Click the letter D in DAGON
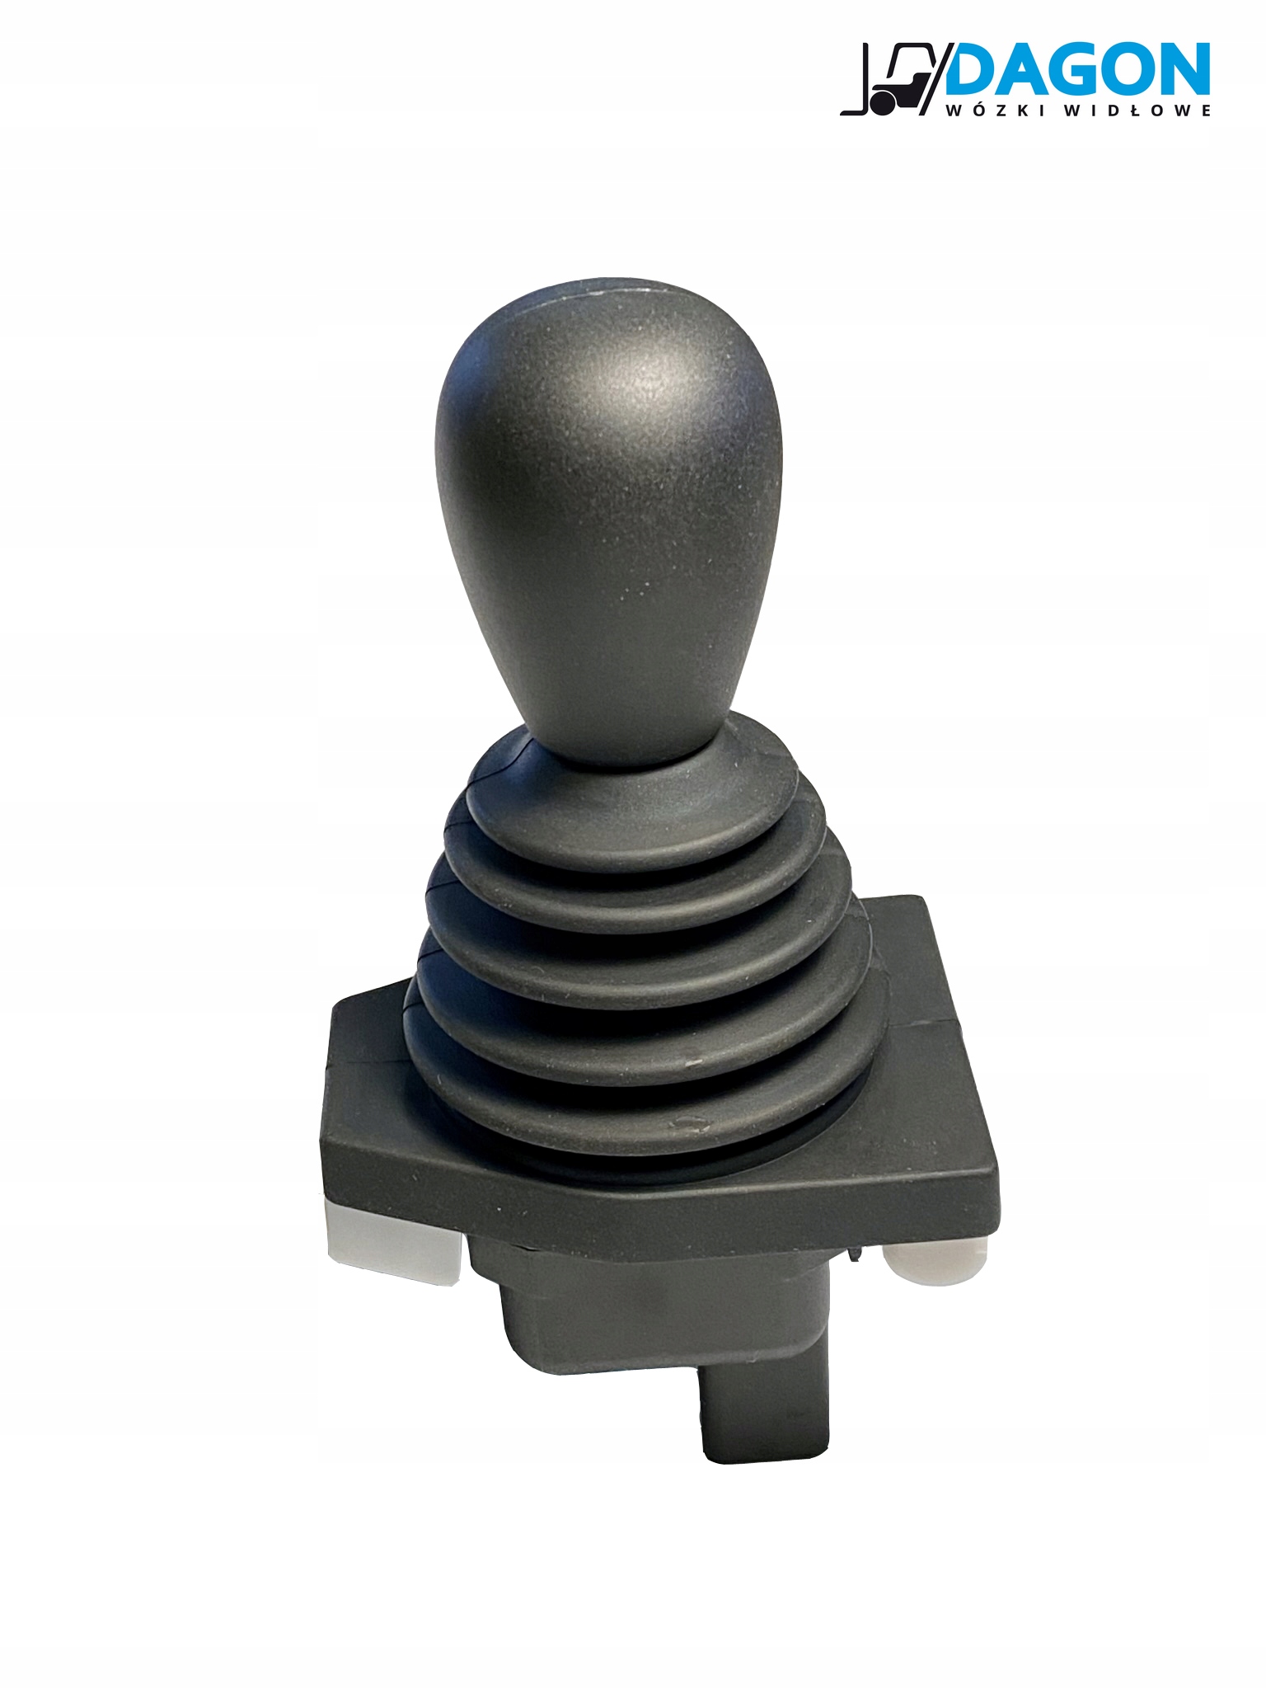(x=973, y=71)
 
